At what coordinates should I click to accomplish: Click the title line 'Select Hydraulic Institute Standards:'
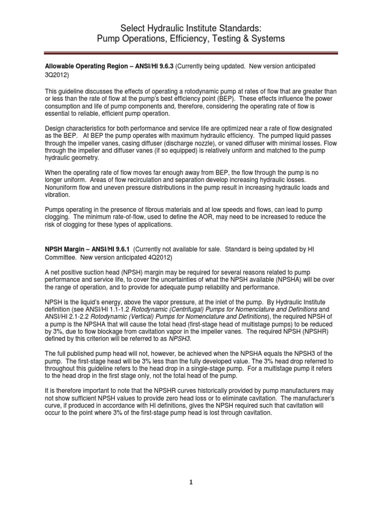[191, 27]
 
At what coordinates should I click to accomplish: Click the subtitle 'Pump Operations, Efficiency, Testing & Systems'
[191, 39]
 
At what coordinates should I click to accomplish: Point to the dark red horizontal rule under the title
[191, 52]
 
